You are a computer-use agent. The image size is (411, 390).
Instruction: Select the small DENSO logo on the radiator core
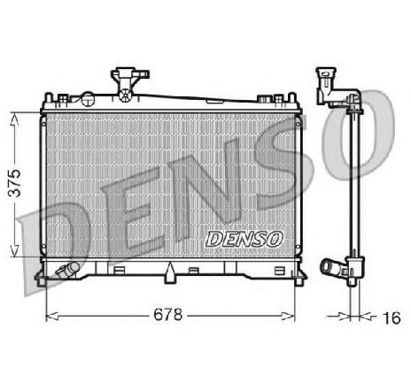click(243, 237)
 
